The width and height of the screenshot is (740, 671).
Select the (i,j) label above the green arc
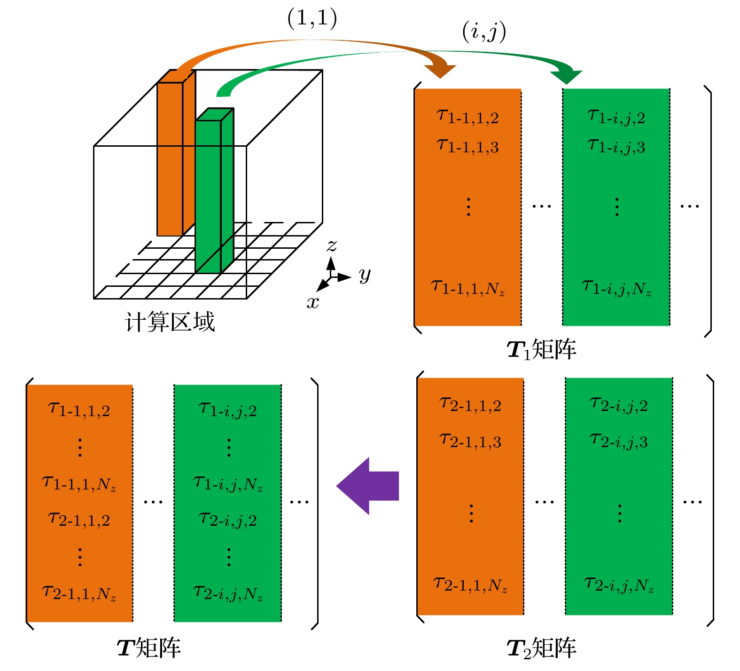pos(484,32)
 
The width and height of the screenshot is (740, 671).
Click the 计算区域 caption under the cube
pos(170,322)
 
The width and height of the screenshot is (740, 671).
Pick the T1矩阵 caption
pos(542,350)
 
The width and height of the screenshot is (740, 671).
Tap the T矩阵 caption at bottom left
pos(148,648)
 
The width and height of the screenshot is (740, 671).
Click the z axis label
pos(332,245)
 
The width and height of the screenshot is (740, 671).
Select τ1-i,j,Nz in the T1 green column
pos(616,287)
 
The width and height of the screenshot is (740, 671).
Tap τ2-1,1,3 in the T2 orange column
pos(470,441)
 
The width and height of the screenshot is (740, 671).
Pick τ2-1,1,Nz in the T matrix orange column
pos(79,593)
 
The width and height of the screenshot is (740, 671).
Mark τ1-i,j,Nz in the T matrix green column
pos(228,483)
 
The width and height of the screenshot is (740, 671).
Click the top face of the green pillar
pos(215,114)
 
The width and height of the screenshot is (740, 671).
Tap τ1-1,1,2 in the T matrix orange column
pos(79,410)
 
